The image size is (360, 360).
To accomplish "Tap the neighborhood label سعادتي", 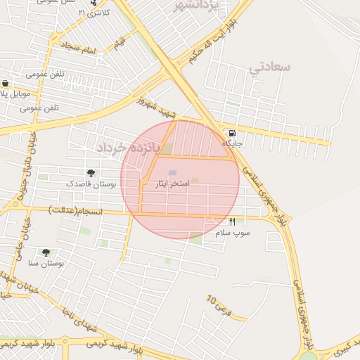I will click(x=269, y=68).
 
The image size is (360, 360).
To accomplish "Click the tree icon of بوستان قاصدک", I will click(x=91, y=173).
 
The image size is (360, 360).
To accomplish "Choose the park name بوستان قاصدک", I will click(x=94, y=184).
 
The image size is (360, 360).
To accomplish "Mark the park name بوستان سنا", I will click(x=46, y=263).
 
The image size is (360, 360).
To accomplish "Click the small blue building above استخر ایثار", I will click(x=173, y=173).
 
